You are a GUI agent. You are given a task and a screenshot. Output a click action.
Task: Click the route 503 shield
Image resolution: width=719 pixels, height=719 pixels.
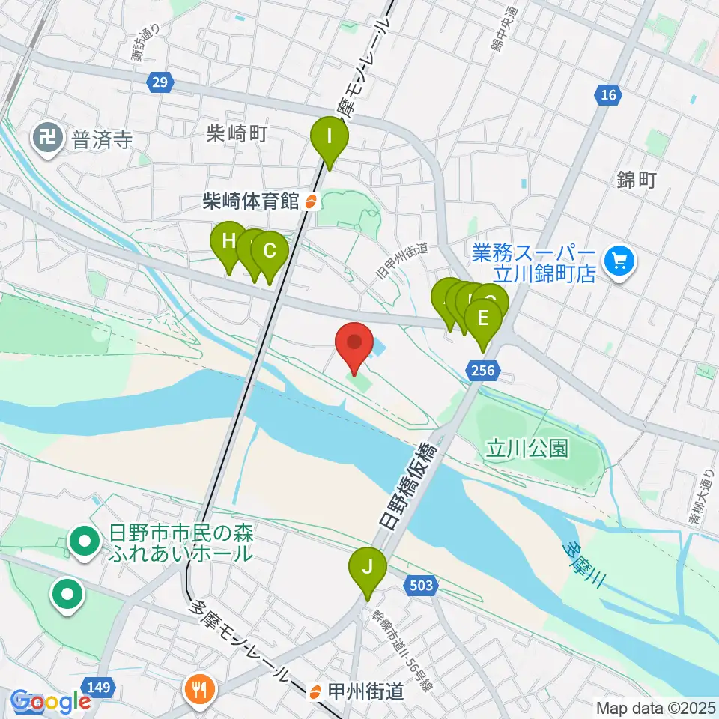click(x=422, y=585)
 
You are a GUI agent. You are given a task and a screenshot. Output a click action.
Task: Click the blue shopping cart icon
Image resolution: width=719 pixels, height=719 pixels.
click(x=619, y=261)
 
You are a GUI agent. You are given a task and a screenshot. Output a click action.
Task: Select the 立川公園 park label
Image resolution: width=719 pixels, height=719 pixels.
click(x=527, y=448)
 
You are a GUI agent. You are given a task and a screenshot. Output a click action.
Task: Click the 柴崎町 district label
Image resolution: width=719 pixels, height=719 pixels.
click(x=236, y=134)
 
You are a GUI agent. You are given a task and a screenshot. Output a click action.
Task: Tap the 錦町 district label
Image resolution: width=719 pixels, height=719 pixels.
click(x=637, y=180)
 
